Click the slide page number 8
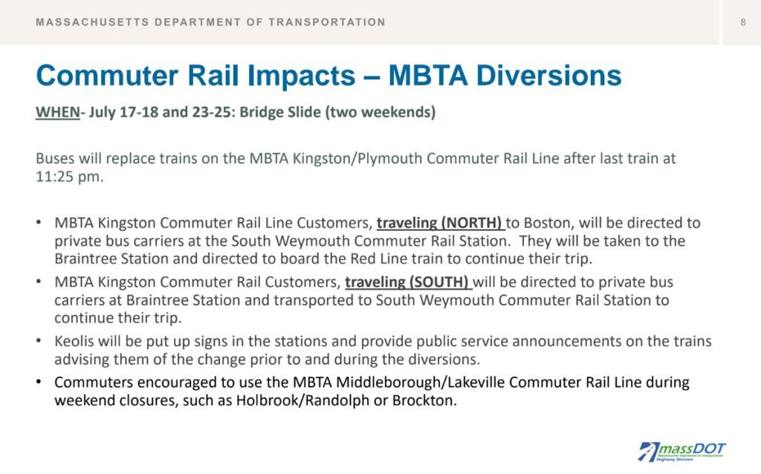pyautogui.click(x=742, y=22)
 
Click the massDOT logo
pyautogui.click(x=681, y=451)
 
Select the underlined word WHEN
pyautogui.click(x=58, y=112)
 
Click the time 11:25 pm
pyautogui.click(x=69, y=177)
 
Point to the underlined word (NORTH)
pyautogui.click(x=470, y=223)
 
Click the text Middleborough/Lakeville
pyautogui.click(x=421, y=383)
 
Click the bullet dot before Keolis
pyautogui.click(x=39, y=340)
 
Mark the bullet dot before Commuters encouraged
pyautogui.click(x=39, y=382)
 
